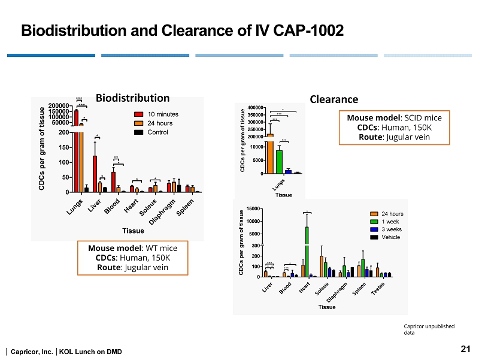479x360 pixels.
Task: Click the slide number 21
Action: click(464, 349)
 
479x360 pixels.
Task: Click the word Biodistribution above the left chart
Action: click(132, 98)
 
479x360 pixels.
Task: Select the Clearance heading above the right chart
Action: click(334, 99)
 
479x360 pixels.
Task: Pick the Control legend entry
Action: click(159, 132)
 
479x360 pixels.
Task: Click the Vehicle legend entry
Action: click(391, 237)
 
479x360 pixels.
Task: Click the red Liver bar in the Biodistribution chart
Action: click(95, 174)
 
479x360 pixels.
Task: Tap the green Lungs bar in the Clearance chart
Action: click(279, 162)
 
